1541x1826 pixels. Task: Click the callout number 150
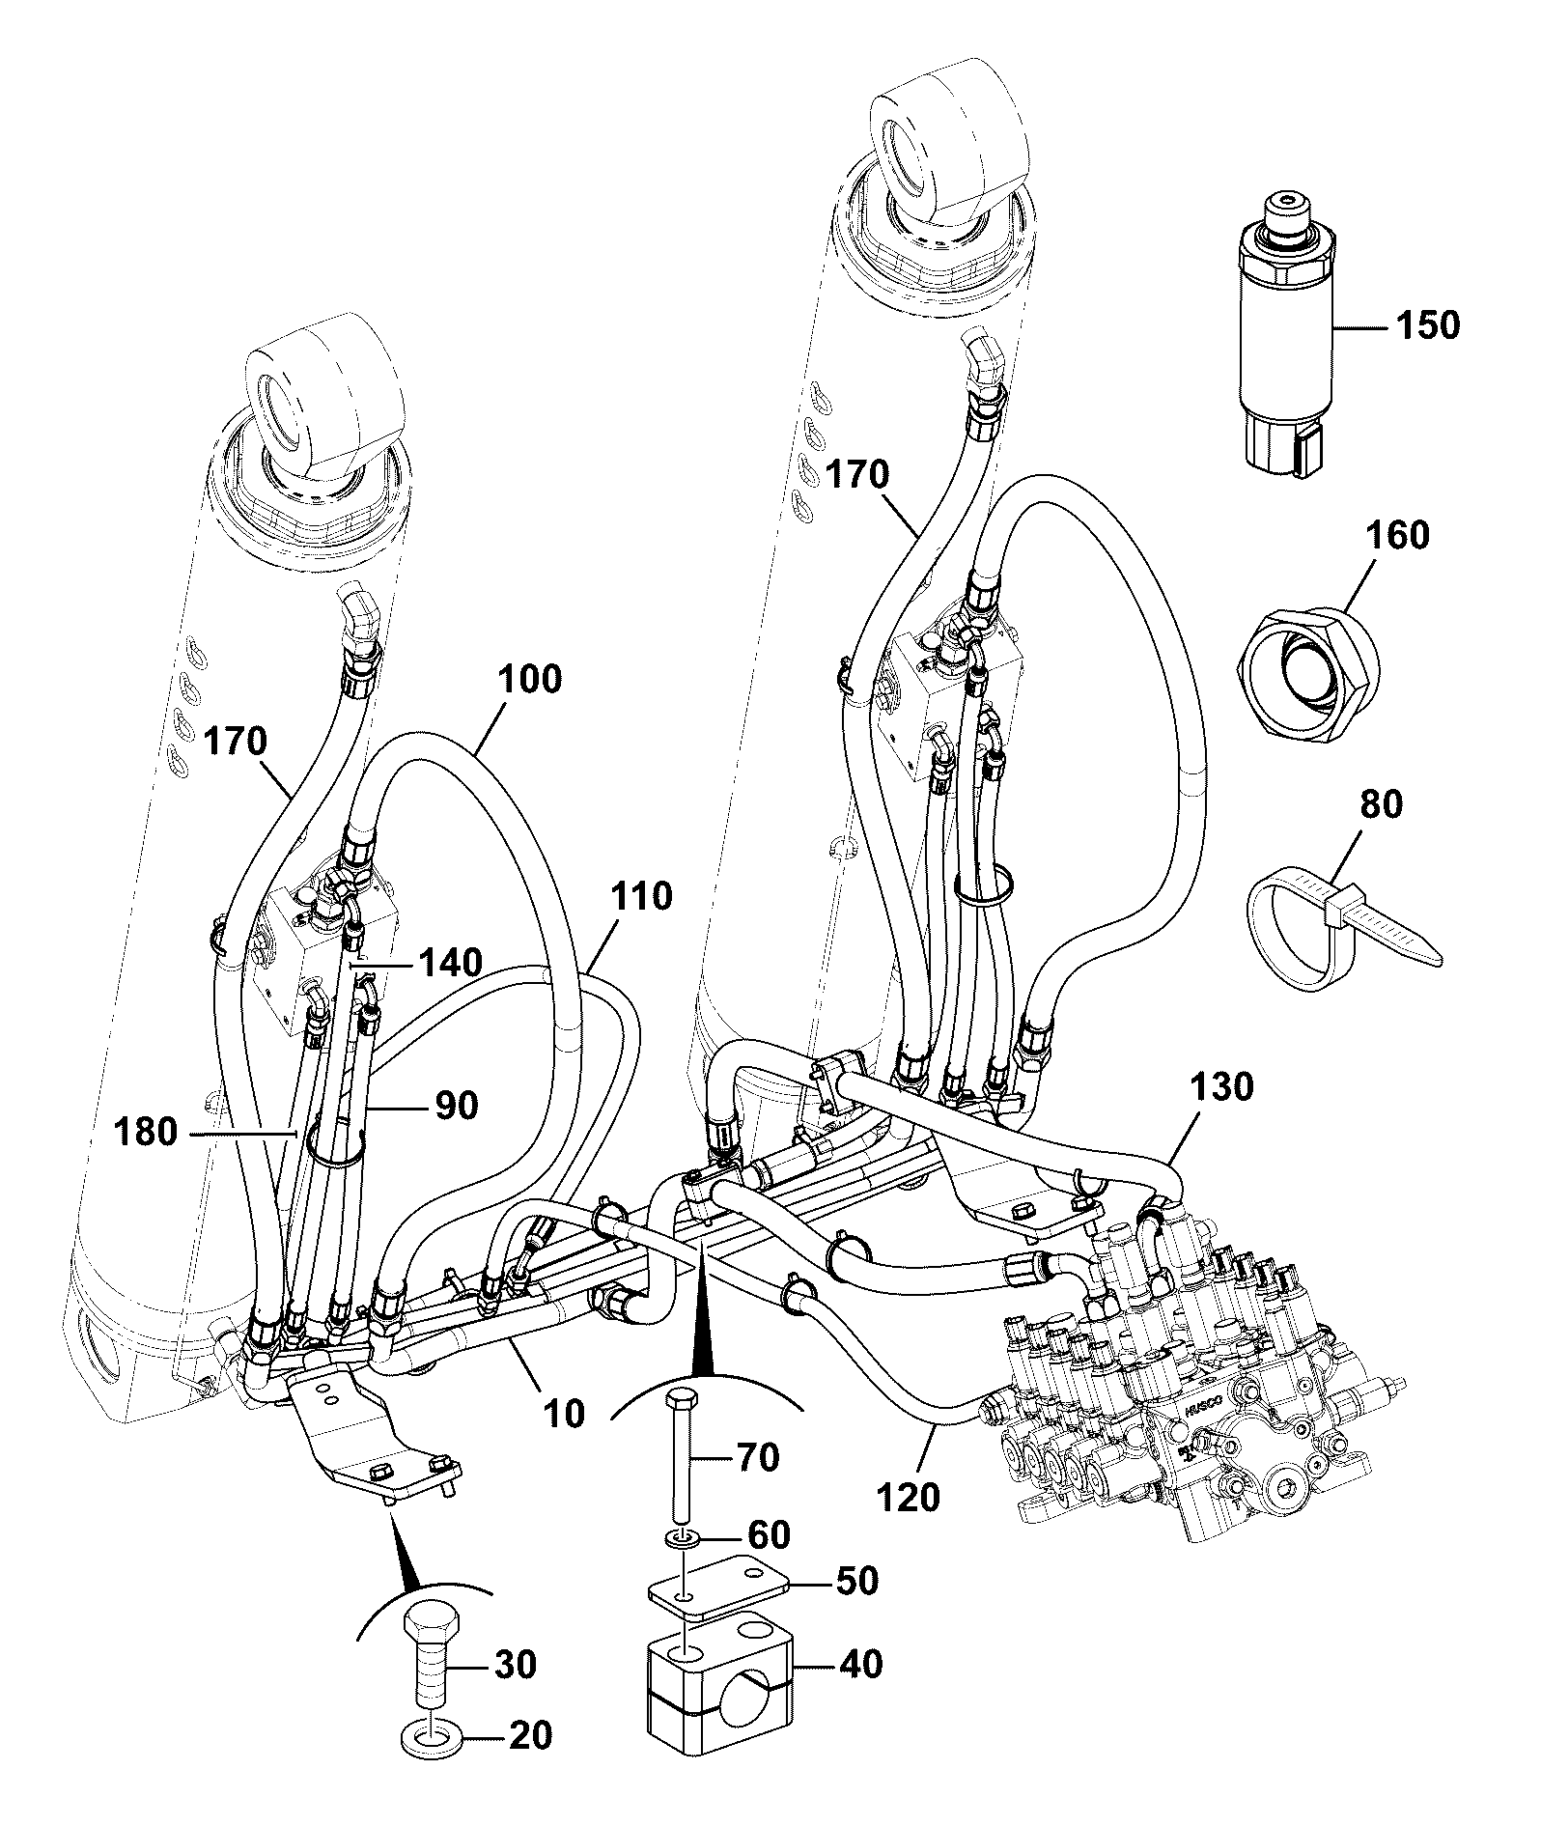[1430, 325]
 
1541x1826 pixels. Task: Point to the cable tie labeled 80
[1337, 929]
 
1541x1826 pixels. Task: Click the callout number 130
[1222, 1086]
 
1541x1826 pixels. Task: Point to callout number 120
[909, 1498]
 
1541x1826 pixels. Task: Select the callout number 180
[146, 1131]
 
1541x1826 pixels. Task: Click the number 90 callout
[455, 1106]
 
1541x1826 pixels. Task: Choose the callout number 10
[564, 1414]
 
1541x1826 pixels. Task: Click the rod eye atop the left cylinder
[322, 406]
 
